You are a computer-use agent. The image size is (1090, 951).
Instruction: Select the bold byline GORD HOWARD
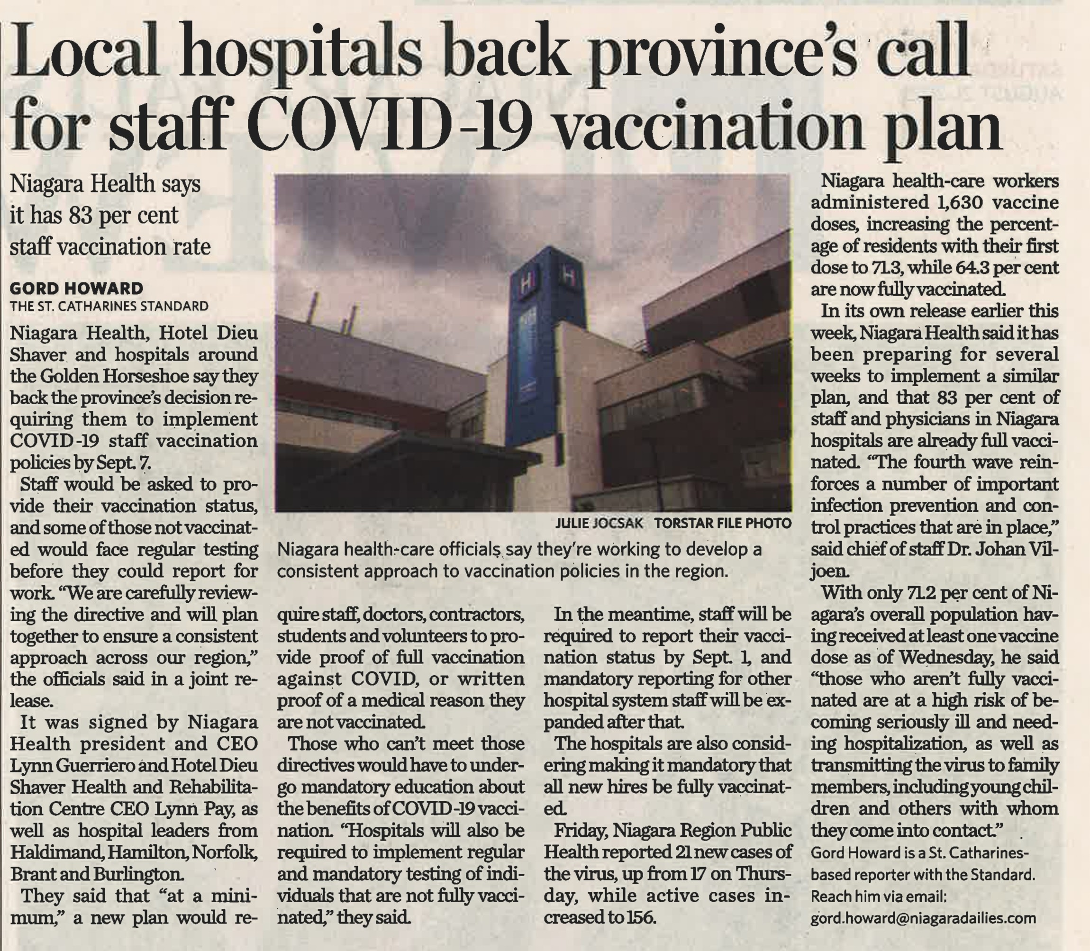coord(76,288)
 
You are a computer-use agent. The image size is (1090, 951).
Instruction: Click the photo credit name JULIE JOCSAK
coord(599,523)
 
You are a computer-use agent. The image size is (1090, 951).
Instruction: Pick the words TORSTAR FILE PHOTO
coord(722,523)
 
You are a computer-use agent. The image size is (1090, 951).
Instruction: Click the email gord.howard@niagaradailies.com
coord(923,933)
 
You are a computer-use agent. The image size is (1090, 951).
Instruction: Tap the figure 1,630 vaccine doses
coord(955,203)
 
